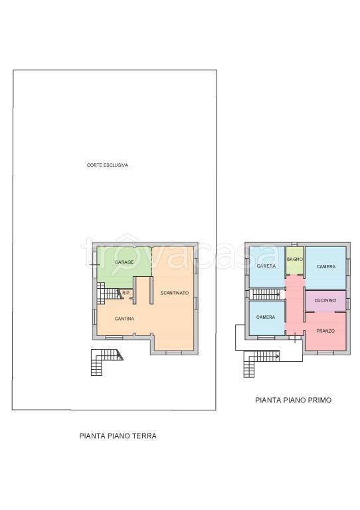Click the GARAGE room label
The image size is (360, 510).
click(124, 262)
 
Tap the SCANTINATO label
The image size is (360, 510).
click(174, 293)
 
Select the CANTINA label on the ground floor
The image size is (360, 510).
click(125, 319)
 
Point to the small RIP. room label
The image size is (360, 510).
click(126, 293)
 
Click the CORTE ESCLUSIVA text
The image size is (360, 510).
click(108, 165)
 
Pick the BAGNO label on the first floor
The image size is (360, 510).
click(295, 259)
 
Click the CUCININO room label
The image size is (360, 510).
click(325, 301)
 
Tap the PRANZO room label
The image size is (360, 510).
click(325, 331)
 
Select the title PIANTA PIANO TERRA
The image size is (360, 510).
click(118, 436)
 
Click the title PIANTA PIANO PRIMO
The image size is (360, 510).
click(294, 400)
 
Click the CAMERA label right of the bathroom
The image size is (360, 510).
click(326, 267)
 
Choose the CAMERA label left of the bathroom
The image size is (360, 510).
click(266, 266)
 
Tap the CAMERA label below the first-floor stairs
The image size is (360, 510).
click(266, 317)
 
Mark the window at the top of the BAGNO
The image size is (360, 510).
click(294, 244)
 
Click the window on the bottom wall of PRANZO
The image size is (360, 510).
click(325, 353)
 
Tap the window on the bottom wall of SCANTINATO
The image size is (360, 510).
click(173, 353)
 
